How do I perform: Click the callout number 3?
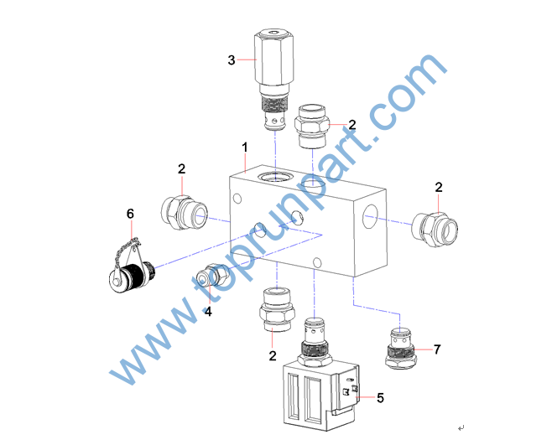click(x=232, y=60)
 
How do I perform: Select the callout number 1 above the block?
click(x=245, y=147)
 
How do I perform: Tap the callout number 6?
click(x=130, y=214)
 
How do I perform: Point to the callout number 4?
click(x=208, y=312)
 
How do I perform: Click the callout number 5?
click(x=381, y=398)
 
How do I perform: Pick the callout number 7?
click(x=437, y=349)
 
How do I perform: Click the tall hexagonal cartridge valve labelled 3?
click(x=273, y=80)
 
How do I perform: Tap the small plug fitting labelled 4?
click(x=213, y=276)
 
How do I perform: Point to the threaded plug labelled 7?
click(x=400, y=349)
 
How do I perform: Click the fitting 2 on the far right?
click(x=435, y=230)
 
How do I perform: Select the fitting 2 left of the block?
click(x=184, y=213)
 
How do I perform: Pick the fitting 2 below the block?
click(x=277, y=310)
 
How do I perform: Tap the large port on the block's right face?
click(x=370, y=216)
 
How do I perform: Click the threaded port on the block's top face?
click(x=276, y=176)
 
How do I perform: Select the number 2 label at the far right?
click(x=439, y=187)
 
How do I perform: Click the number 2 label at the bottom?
click(x=273, y=355)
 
